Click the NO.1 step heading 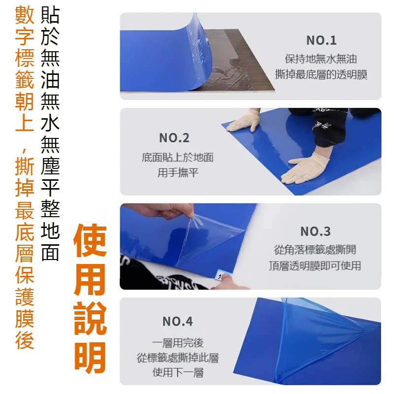pyautogui.click(x=322, y=40)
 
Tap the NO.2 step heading pyautogui.click(x=174, y=138)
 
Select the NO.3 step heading pyautogui.click(x=315, y=231)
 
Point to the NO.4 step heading pyautogui.click(x=177, y=322)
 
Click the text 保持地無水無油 pyautogui.click(x=321, y=59)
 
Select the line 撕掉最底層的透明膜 pyautogui.click(x=321, y=74)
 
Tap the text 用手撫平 pyautogui.click(x=178, y=173)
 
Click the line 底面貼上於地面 pyautogui.click(x=178, y=158)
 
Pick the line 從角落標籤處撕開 pyautogui.click(x=315, y=250)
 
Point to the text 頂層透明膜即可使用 pyautogui.click(x=315, y=265)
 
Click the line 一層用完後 pyautogui.click(x=177, y=343)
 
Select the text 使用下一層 pyautogui.click(x=178, y=372)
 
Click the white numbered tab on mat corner pyautogui.click(x=219, y=275)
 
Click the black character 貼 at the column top pyautogui.click(x=50, y=15)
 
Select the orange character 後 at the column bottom pyautogui.click(x=25, y=339)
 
